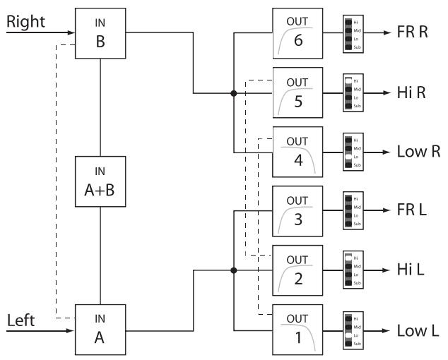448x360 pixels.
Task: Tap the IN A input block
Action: (x=101, y=328)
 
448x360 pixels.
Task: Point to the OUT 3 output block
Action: (x=297, y=210)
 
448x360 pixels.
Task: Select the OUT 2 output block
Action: (x=297, y=270)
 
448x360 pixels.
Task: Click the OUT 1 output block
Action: (x=297, y=329)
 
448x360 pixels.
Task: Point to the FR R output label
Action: (x=411, y=33)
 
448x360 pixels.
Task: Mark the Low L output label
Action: (x=413, y=329)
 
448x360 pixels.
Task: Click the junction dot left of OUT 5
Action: (x=233, y=92)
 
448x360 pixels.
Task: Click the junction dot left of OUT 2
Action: (x=233, y=270)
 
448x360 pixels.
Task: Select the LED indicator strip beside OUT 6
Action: (x=349, y=33)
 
